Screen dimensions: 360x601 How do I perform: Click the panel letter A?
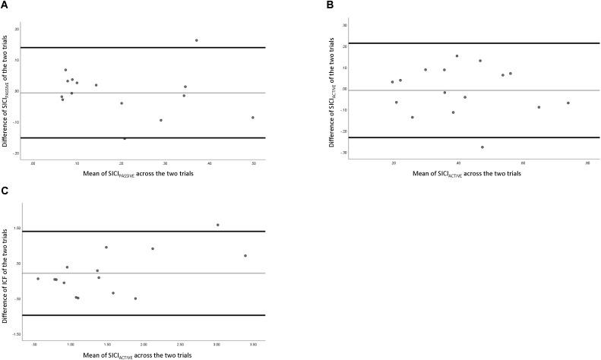coord(5,5)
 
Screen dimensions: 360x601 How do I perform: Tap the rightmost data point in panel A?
coord(253,118)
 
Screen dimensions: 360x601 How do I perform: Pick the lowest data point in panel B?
coord(482,147)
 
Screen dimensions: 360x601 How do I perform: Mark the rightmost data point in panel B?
coord(568,103)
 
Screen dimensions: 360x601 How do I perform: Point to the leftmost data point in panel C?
coord(38,279)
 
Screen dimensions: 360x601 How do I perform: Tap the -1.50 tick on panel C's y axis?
coord(17,335)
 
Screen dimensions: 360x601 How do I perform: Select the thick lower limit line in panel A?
coord(144,137)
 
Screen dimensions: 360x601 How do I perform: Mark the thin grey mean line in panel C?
coord(144,273)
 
